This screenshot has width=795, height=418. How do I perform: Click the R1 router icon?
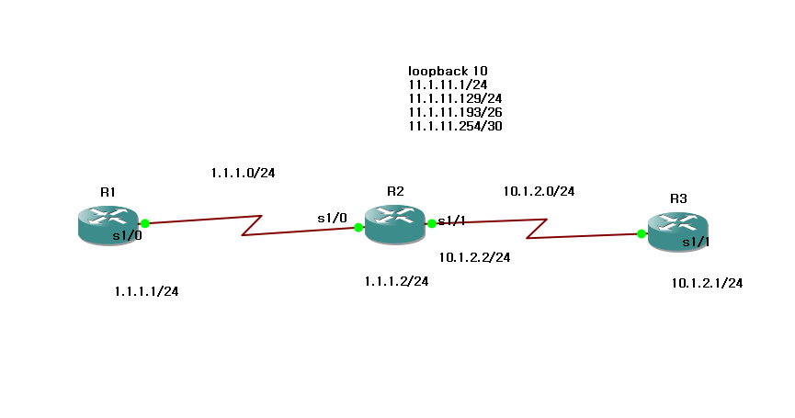click(107, 225)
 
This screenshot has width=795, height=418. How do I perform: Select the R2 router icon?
click(392, 224)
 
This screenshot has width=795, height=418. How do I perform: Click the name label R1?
click(108, 192)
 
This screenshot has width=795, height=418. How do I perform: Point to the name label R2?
click(395, 191)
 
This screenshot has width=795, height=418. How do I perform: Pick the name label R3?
click(678, 198)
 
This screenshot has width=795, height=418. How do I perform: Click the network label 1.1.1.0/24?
click(244, 172)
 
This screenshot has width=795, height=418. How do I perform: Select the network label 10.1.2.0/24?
click(539, 191)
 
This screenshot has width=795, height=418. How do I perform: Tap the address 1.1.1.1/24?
click(146, 291)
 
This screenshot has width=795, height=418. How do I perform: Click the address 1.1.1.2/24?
click(396, 281)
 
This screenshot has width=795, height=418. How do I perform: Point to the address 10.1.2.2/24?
click(474, 257)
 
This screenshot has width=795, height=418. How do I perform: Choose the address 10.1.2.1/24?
click(707, 283)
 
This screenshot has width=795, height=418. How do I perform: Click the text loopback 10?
click(448, 71)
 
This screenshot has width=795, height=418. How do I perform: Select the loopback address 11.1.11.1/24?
click(448, 85)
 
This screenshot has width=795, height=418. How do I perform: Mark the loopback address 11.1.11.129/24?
click(455, 98)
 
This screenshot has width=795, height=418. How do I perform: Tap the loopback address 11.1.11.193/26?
click(455, 112)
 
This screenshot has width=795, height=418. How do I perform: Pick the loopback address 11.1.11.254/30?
click(455, 126)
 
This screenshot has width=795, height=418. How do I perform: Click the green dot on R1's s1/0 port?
click(145, 222)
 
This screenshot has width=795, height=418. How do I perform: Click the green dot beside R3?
click(641, 233)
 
